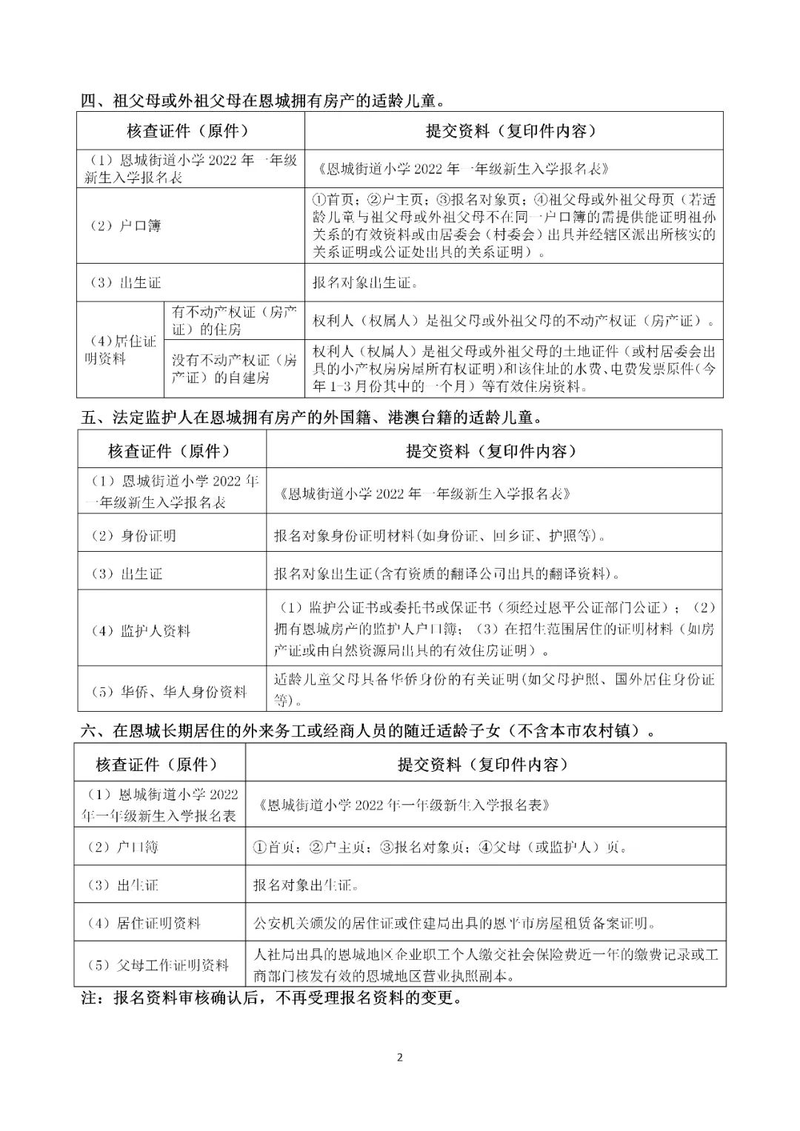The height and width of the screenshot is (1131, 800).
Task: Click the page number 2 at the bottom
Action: point(400,1057)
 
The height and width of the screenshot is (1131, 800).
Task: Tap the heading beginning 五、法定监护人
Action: point(311,417)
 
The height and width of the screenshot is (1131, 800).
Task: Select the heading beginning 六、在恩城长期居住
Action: point(368,731)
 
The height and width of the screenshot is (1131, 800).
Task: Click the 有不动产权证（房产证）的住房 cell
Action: point(235,321)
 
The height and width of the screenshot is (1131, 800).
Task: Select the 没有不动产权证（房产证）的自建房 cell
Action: point(235,369)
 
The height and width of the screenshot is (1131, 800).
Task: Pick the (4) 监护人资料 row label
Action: point(141,631)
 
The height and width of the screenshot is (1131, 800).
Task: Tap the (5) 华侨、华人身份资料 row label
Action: point(168,692)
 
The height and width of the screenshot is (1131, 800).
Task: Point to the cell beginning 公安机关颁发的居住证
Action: point(454,923)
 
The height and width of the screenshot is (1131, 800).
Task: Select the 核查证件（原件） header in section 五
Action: point(170,450)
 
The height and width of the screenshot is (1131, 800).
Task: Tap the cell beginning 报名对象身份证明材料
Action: point(439,536)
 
